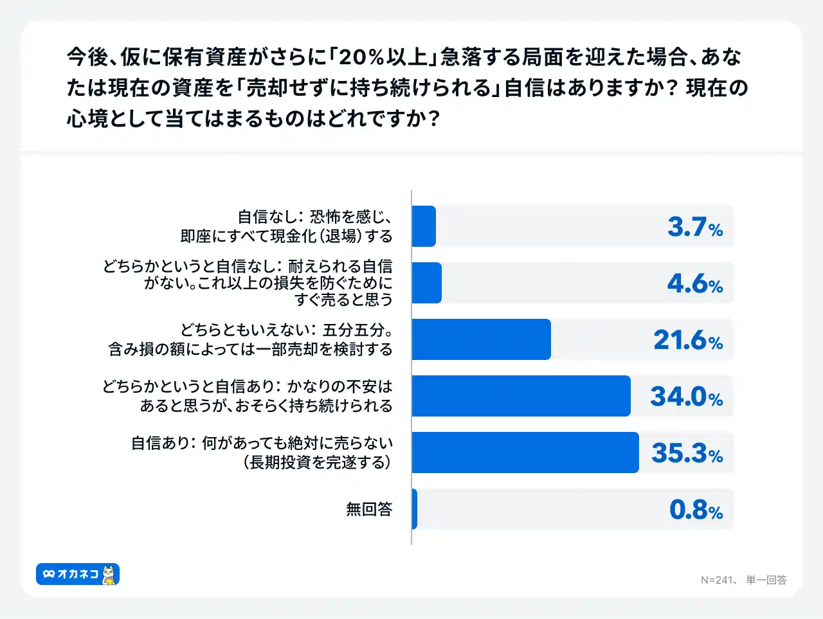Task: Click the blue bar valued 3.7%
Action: click(424, 226)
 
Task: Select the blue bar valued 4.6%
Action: click(427, 283)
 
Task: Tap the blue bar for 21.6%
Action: click(481, 339)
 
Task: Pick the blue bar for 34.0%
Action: click(521, 396)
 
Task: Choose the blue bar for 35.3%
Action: click(525, 453)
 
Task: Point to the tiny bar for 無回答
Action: click(415, 509)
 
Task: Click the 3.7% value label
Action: click(695, 227)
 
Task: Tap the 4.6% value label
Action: click(695, 283)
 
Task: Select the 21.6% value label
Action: click(688, 340)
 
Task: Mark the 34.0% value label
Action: click(687, 397)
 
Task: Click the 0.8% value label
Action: click(696, 510)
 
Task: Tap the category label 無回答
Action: click(369, 509)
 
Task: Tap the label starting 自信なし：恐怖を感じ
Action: click(287, 226)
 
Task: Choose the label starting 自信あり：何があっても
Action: click(262, 453)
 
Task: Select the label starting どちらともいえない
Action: click(251, 339)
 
